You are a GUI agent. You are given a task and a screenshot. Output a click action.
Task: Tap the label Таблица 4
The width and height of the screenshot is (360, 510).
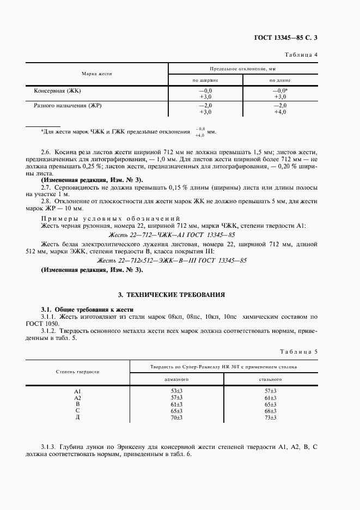[x=301, y=54]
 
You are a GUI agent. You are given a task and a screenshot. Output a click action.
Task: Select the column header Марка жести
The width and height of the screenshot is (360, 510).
[x=97, y=73]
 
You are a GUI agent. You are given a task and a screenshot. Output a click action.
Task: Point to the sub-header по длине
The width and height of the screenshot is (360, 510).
[x=280, y=80]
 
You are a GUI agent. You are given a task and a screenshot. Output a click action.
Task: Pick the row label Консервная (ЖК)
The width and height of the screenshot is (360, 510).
[x=57, y=90]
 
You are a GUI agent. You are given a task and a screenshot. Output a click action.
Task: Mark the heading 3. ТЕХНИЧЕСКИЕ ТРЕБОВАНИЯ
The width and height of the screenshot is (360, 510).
[x=179, y=295]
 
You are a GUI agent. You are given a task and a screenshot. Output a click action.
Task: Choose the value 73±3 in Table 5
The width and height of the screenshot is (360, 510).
[x=270, y=417]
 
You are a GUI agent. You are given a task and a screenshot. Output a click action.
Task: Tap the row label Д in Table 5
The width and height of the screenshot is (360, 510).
[x=77, y=417]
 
